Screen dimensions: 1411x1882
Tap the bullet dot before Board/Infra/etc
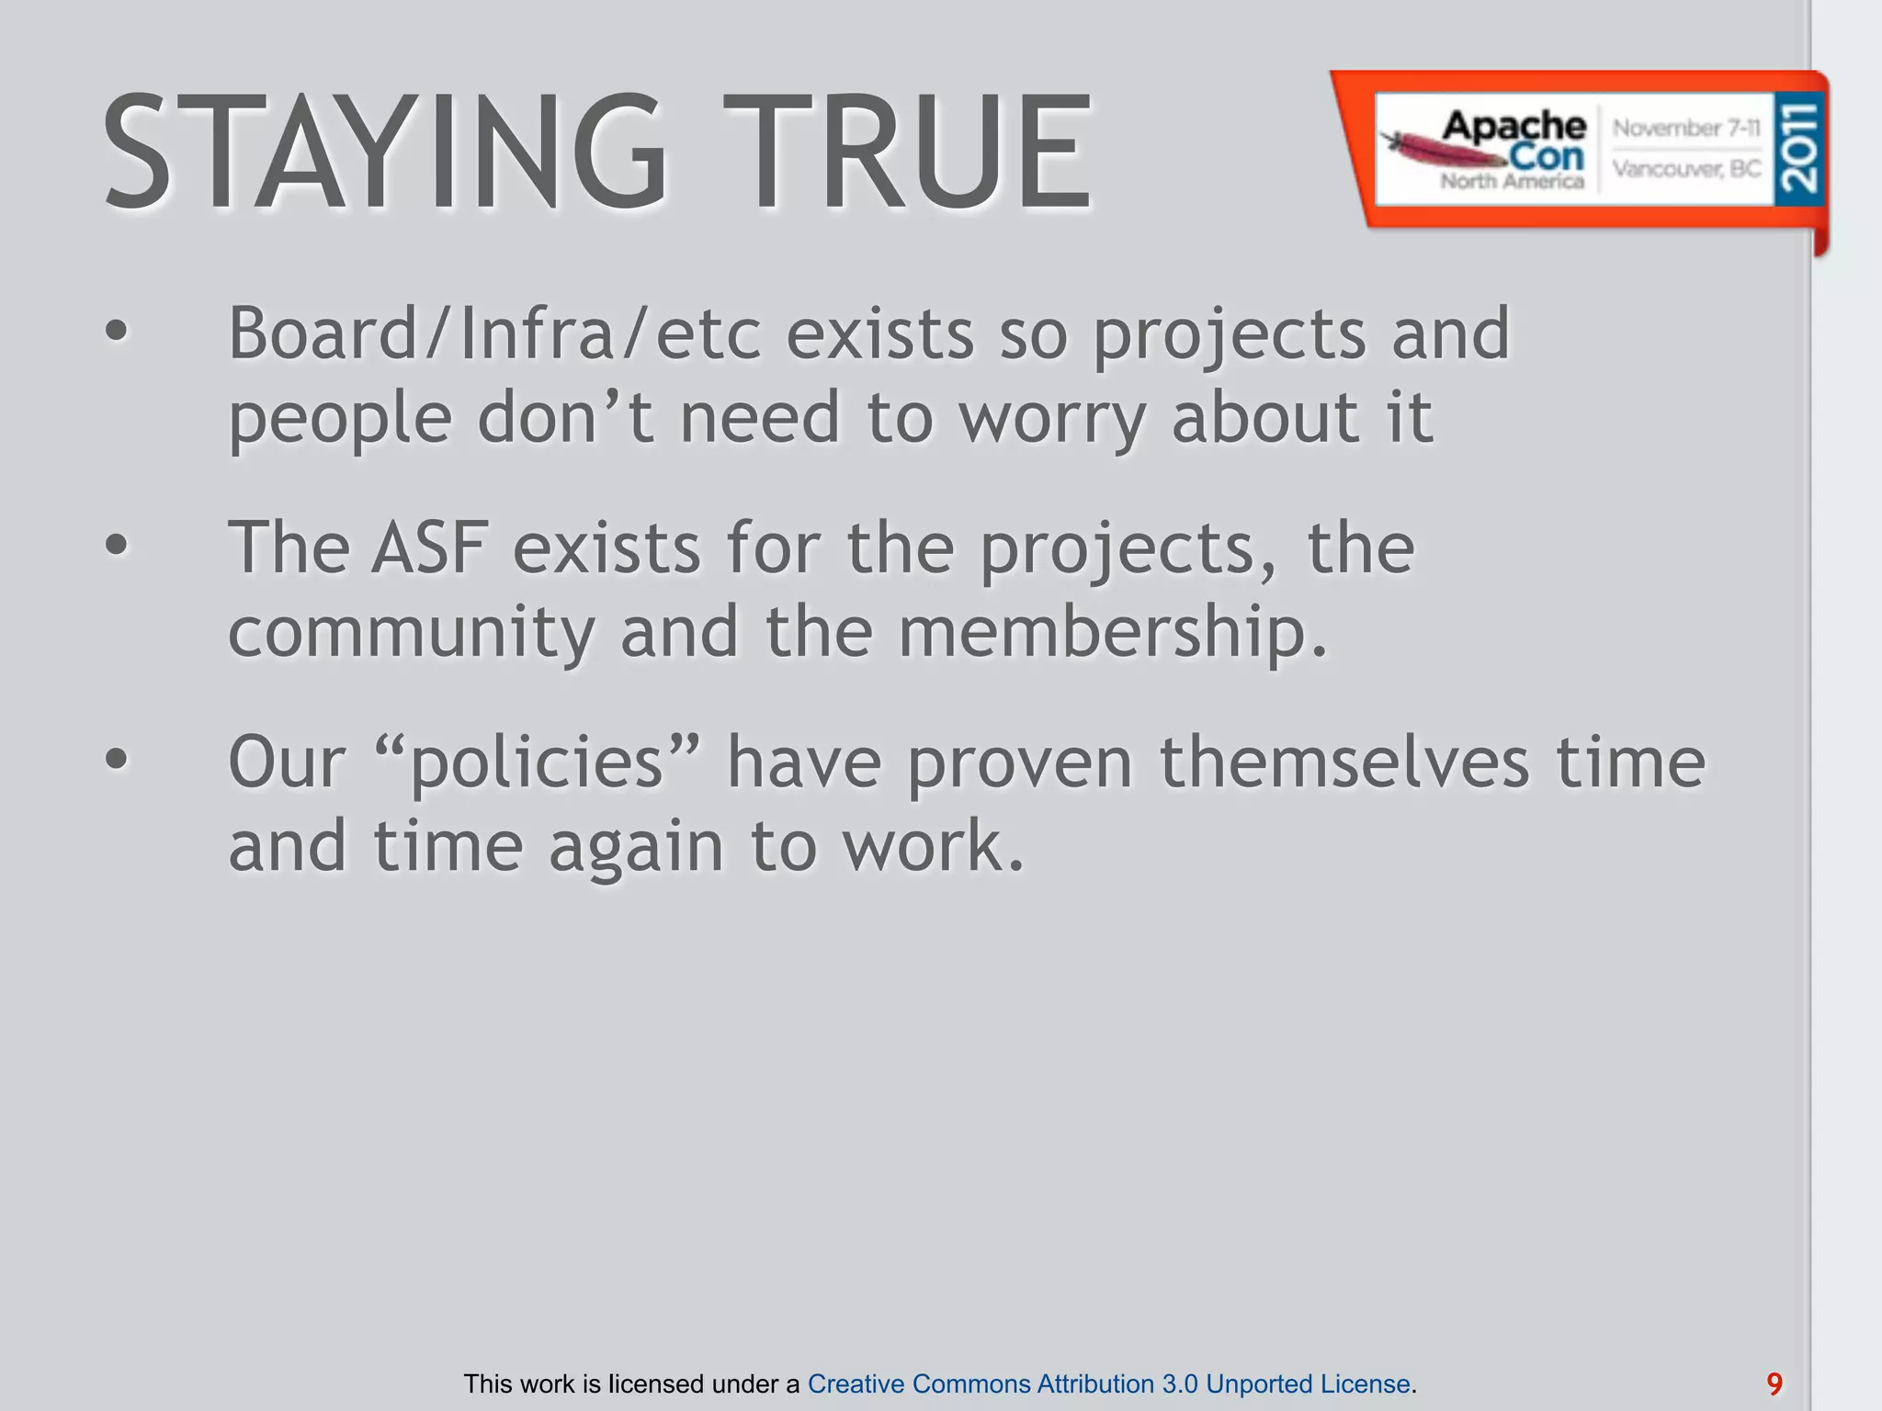point(117,333)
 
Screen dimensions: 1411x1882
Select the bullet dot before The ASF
point(117,547)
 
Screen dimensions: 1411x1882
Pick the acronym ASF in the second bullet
point(429,547)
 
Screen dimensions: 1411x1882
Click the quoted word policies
point(538,762)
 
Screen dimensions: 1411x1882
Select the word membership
point(1112,633)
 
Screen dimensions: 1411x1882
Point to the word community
point(411,633)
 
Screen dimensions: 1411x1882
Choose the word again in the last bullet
point(636,847)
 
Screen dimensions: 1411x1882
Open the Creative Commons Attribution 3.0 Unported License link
point(1108,1383)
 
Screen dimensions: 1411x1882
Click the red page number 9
point(1774,1383)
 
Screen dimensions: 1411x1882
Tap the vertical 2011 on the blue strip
point(1798,147)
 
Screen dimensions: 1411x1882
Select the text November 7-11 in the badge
point(1686,129)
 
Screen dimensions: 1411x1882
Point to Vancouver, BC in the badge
point(1686,169)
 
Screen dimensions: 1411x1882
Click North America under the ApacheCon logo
point(1512,181)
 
